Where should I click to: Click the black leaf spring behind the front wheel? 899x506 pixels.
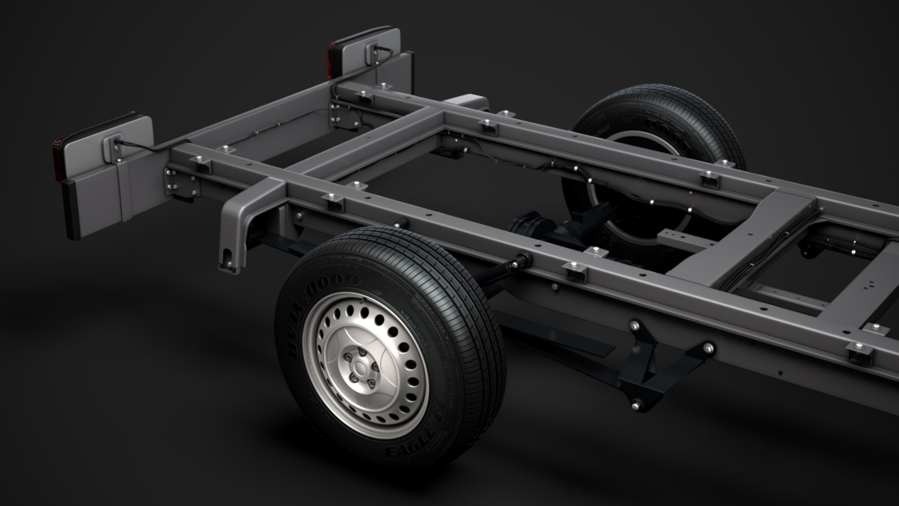pos(562,335)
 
